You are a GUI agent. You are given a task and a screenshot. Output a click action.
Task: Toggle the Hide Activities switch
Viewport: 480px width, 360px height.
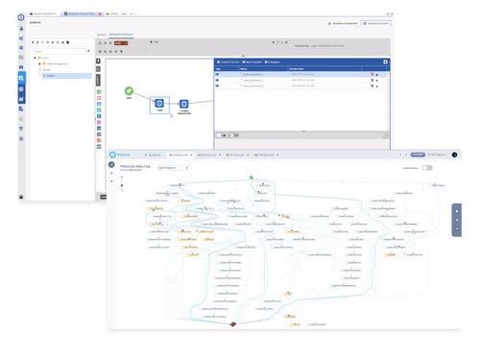click(x=426, y=168)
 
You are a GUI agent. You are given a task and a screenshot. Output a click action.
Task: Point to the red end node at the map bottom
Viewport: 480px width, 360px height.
click(x=232, y=326)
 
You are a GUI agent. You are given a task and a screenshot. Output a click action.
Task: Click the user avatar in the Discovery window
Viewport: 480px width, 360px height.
click(x=454, y=154)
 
